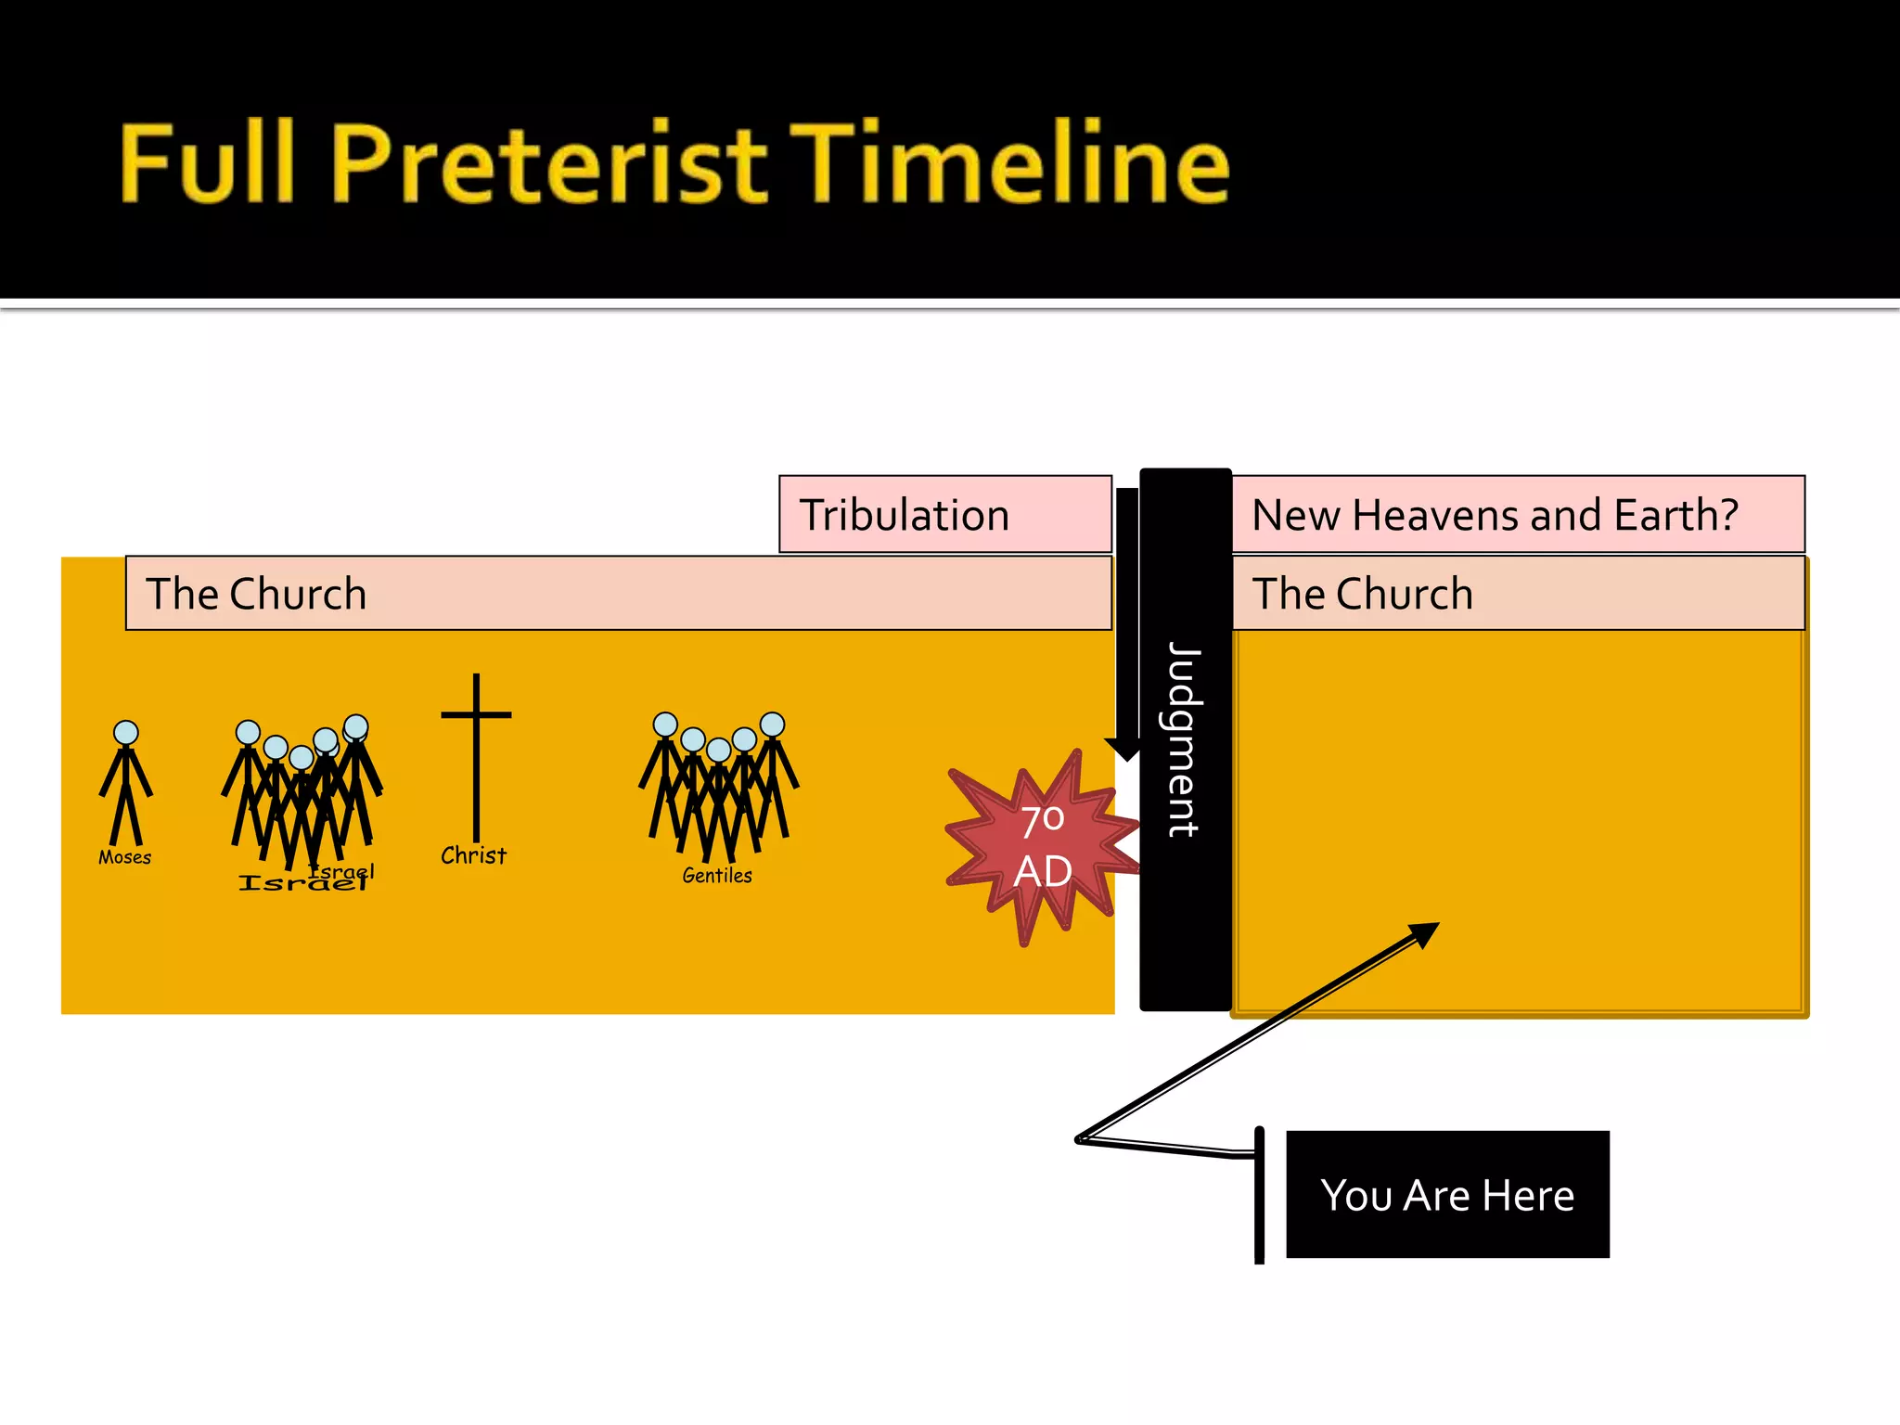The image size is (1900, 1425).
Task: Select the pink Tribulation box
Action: coord(944,515)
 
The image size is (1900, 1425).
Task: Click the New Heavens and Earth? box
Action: coord(1518,515)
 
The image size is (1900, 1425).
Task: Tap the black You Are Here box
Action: coord(1447,1194)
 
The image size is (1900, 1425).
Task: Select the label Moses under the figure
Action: coord(124,857)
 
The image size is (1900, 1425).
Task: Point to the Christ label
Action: coord(473,855)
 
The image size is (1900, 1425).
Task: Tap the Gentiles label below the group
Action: coord(717,875)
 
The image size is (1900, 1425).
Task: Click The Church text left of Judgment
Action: coord(256,594)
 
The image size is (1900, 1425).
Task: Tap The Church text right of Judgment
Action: coord(1362,594)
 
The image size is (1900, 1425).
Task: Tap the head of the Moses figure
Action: coord(126,733)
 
